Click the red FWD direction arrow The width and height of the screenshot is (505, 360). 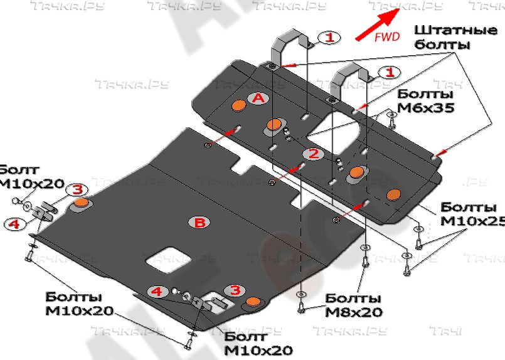pyautogui.click(x=375, y=27)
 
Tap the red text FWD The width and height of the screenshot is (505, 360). pyautogui.click(x=386, y=37)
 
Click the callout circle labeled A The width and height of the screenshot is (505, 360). pyautogui.click(x=258, y=98)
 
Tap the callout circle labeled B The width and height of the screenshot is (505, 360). pyautogui.click(x=199, y=222)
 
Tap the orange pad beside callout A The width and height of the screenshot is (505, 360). pyautogui.click(x=239, y=105)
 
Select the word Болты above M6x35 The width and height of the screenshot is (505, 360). pyautogui.click(x=425, y=93)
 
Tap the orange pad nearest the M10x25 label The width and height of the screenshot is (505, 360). pyautogui.click(x=395, y=194)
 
